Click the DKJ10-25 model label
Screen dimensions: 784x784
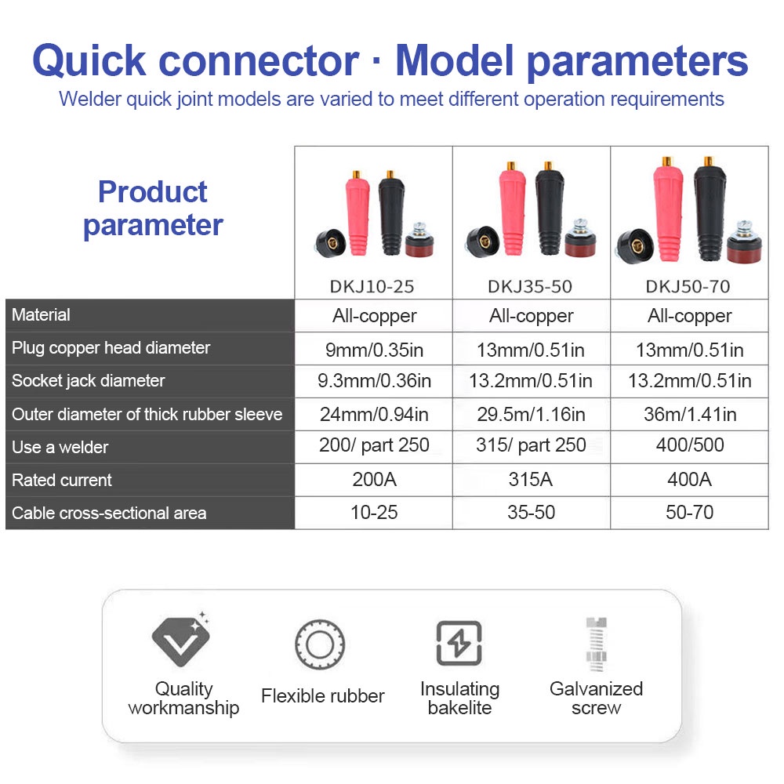pyautogui.click(x=372, y=286)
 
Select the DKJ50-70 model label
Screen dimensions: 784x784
pyautogui.click(x=688, y=286)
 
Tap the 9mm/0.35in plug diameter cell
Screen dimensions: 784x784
pyautogui.click(x=374, y=350)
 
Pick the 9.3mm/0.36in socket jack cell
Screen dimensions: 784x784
pyautogui.click(x=374, y=381)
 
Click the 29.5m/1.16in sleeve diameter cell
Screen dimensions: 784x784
pyautogui.click(x=531, y=414)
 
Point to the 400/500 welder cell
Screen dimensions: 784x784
pyautogui.click(x=689, y=445)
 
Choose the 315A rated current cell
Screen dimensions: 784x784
pyautogui.click(x=531, y=480)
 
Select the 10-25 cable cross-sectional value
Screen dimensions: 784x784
pyautogui.click(x=374, y=513)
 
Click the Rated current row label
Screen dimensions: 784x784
pyautogui.click(x=61, y=480)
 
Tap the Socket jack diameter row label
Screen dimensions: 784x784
pyautogui.click(x=88, y=380)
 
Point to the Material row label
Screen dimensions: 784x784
pyautogui.click(x=41, y=314)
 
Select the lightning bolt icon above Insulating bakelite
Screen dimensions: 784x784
pyautogui.click(x=459, y=643)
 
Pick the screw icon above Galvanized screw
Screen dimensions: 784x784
pyautogui.click(x=596, y=644)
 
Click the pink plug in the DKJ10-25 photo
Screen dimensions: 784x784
pyautogui.click(x=357, y=212)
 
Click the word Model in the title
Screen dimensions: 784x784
pyautogui.click(x=455, y=60)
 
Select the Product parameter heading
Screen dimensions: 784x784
pyautogui.click(x=153, y=208)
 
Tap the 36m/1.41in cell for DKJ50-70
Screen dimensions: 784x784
pyautogui.click(x=689, y=414)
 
